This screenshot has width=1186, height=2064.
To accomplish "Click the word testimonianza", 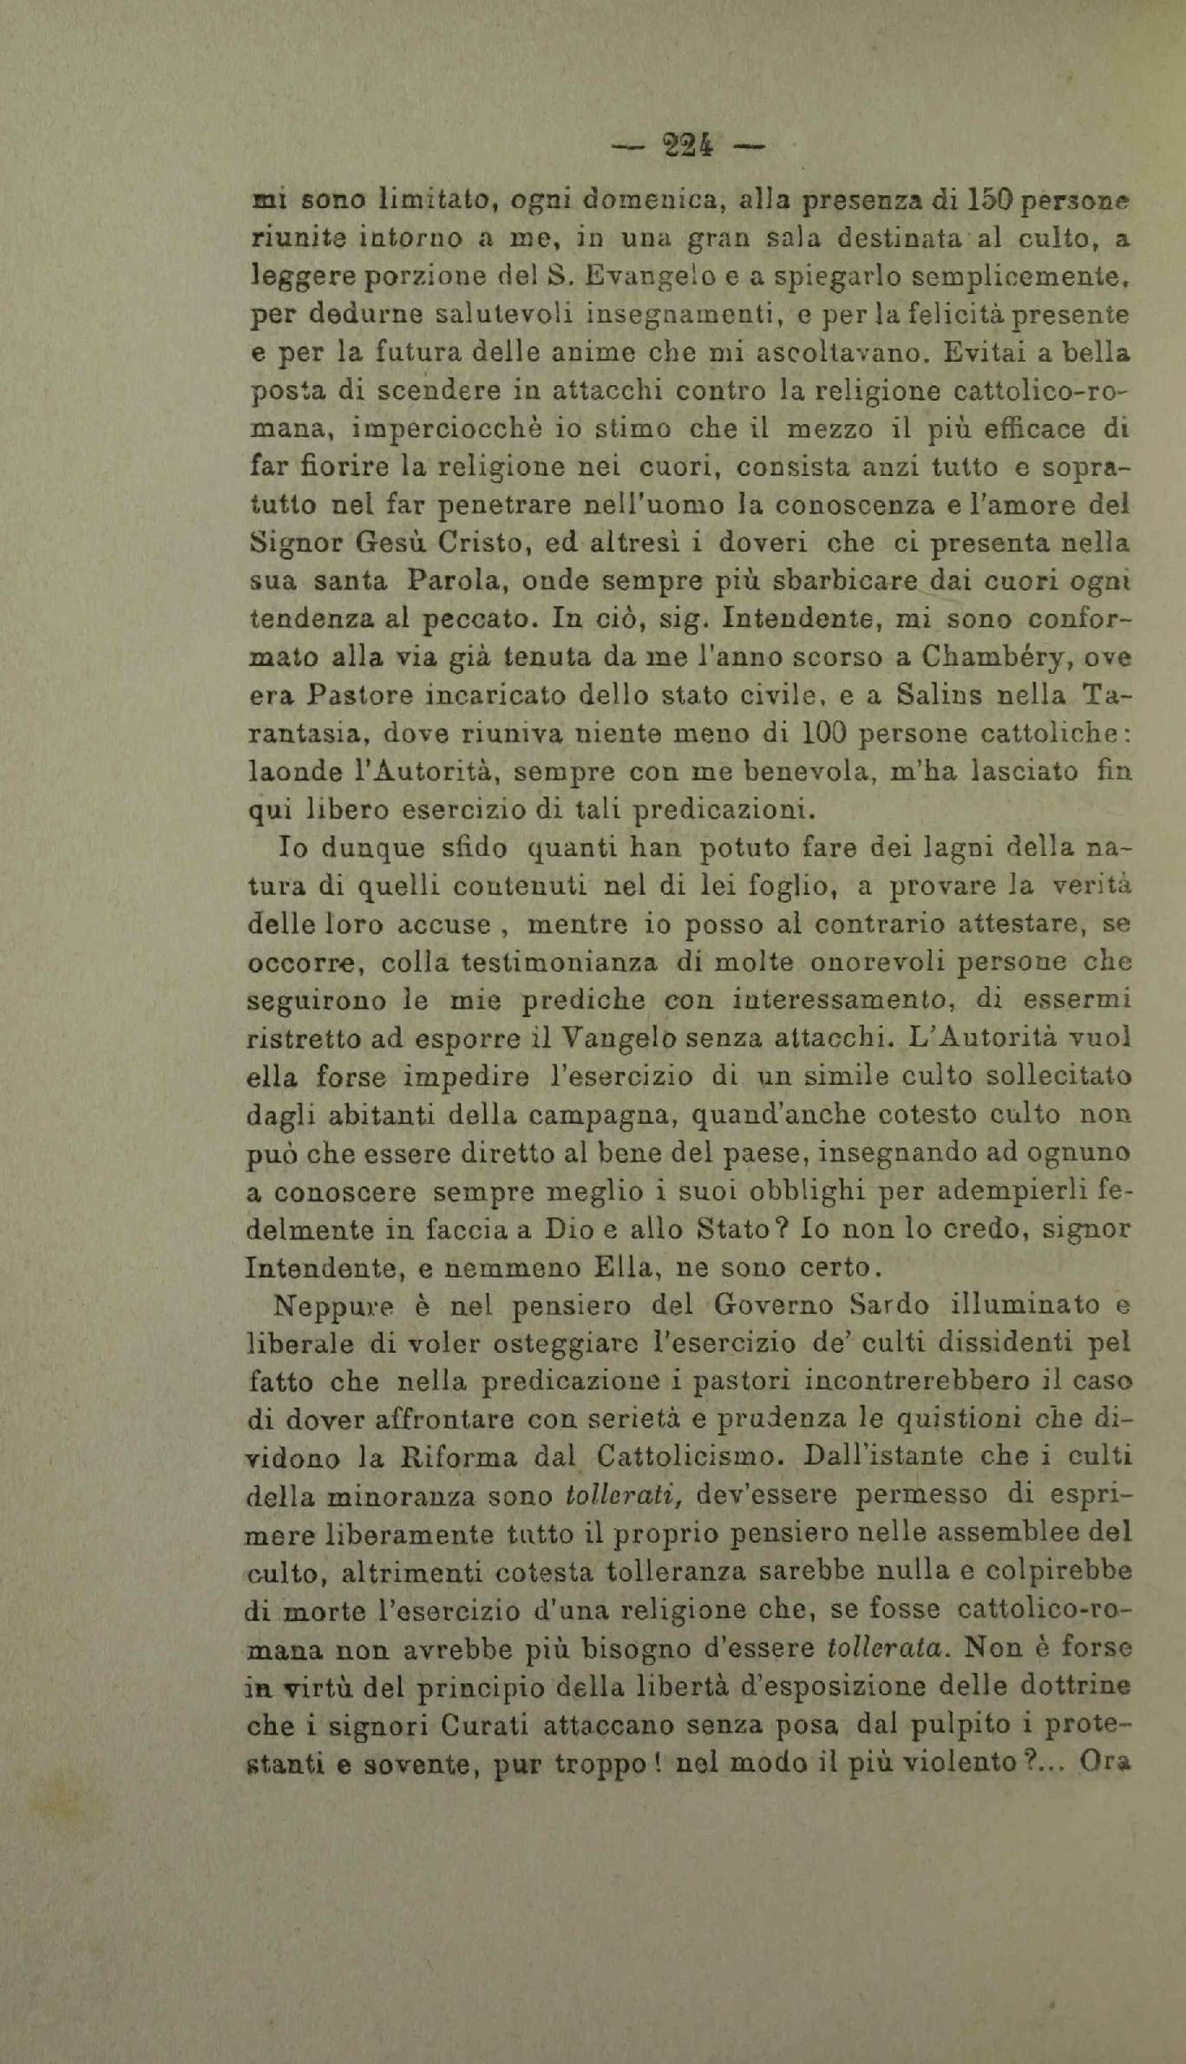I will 559,962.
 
